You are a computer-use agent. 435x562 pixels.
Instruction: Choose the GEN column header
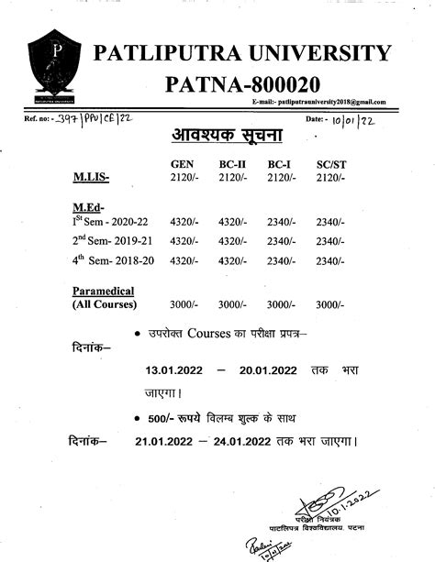pos(182,163)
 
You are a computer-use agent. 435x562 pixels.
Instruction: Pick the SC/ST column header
pos(329,163)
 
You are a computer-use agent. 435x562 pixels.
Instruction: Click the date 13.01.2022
pos(177,370)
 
